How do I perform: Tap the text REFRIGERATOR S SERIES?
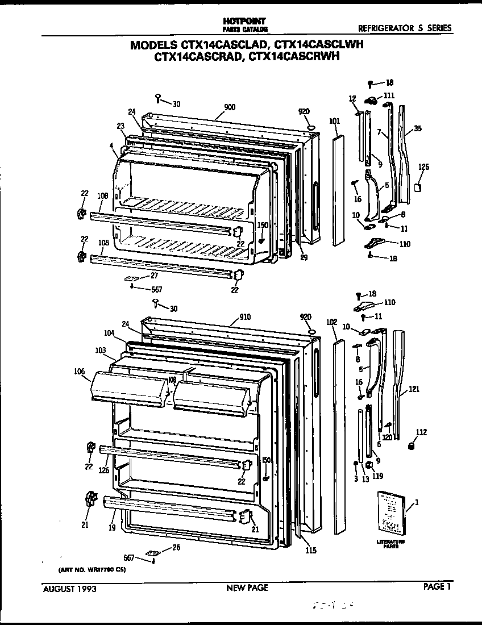coord(405,28)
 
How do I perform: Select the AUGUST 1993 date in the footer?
coord(70,589)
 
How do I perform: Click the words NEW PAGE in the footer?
coord(247,588)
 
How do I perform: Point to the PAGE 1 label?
coord(437,587)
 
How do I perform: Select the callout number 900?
coord(230,107)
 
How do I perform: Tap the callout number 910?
coord(245,316)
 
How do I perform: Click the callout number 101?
coord(334,120)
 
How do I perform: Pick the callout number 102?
coord(332,322)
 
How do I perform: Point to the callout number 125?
coord(423,167)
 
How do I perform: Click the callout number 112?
coord(421,432)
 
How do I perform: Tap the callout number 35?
coord(418,129)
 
